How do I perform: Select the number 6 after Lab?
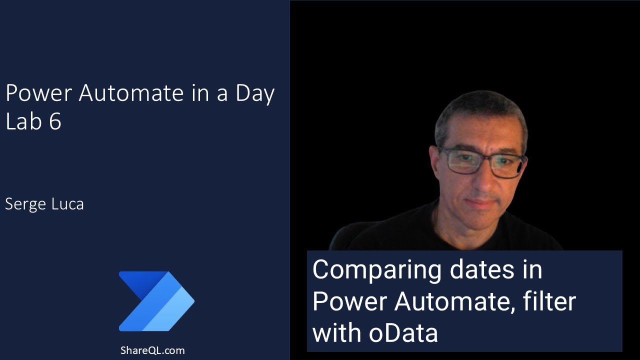pos(55,121)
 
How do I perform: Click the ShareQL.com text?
pos(152,350)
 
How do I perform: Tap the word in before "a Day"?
pos(200,93)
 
